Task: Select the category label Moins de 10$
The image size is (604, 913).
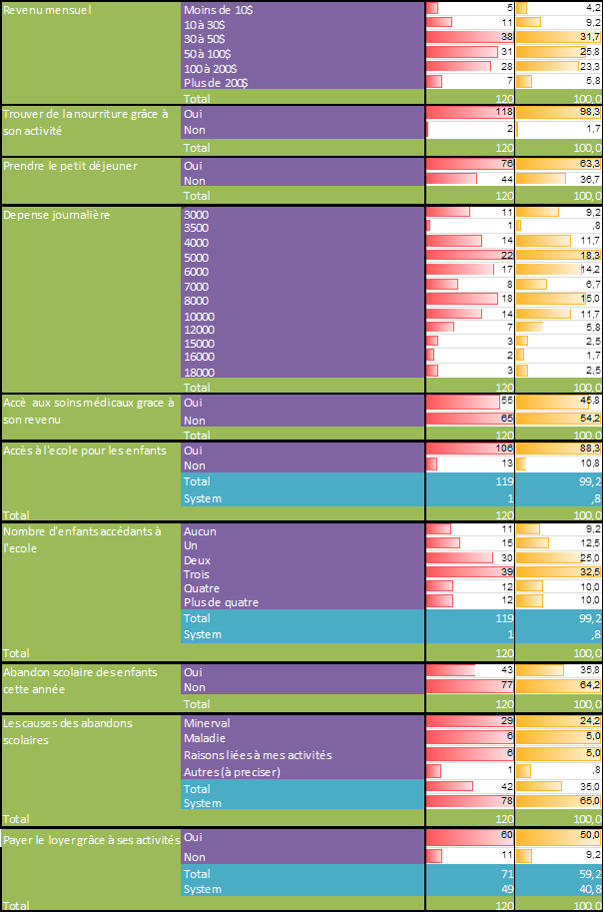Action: (218, 8)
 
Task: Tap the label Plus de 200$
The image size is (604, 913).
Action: (217, 82)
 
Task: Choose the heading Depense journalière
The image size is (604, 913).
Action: (56, 213)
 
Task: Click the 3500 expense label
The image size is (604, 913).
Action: (197, 228)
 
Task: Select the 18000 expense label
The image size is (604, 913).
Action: (200, 372)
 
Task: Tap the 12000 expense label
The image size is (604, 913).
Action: (200, 329)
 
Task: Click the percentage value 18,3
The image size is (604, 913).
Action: (590, 257)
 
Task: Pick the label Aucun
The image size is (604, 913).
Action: (201, 531)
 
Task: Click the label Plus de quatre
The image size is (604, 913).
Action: (222, 602)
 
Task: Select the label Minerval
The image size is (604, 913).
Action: (207, 721)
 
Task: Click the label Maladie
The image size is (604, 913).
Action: (205, 738)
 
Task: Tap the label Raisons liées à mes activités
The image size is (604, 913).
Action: (258, 755)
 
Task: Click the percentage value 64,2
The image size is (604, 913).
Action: (590, 687)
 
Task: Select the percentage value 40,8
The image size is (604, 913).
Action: (590, 889)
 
